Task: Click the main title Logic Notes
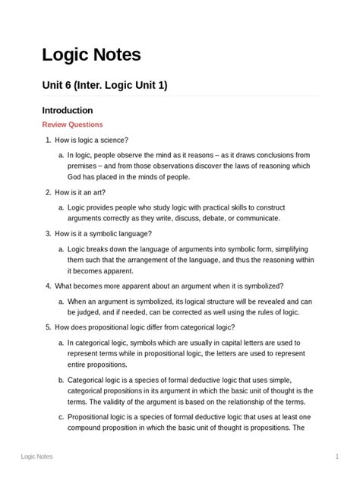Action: (x=91, y=55)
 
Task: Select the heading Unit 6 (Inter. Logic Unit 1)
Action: (x=104, y=85)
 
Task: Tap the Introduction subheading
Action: (x=67, y=110)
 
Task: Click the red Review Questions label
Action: (x=72, y=125)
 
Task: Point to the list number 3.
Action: (x=48, y=234)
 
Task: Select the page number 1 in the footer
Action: (x=336, y=456)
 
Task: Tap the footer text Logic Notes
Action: (x=36, y=456)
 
